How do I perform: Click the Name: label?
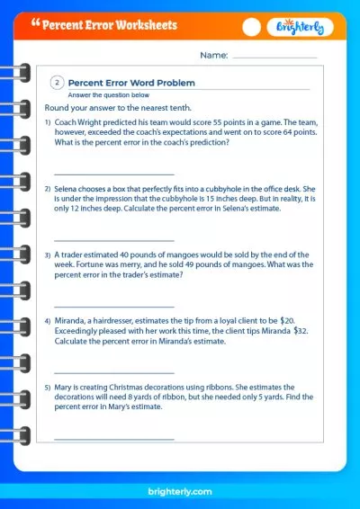pyautogui.click(x=213, y=56)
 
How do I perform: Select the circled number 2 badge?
pyautogui.click(x=57, y=83)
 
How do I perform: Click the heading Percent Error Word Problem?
pyautogui.click(x=132, y=83)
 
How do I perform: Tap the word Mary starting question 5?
pyautogui.click(x=64, y=388)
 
